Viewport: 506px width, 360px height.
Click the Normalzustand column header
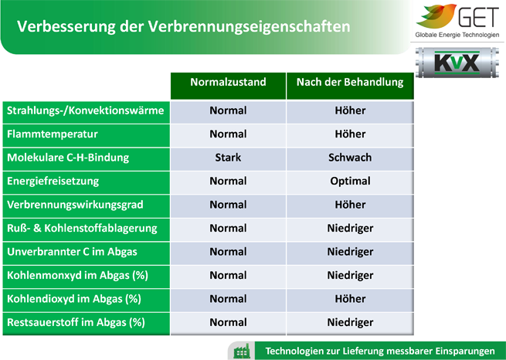pos(228,82)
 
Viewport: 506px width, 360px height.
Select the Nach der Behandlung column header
pos(350,82)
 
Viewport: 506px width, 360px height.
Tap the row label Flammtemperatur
pos(53,134)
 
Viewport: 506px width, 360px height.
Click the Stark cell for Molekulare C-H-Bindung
pos(228,158)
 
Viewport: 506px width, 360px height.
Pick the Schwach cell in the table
pos(350,158)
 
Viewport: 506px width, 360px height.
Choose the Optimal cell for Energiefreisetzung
pos(350,181)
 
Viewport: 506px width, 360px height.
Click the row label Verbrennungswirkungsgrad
pos(75,205)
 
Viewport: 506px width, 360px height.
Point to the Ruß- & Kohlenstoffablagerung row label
pos(82,228)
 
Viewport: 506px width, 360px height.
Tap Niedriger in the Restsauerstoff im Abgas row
pos(350,322)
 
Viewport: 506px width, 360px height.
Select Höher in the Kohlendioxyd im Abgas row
pos(350,299)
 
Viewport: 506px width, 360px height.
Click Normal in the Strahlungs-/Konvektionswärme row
pos(228,110)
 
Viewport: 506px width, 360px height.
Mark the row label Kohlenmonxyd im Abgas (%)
pos(77,276)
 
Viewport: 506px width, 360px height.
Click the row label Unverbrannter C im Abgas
pos(72,252)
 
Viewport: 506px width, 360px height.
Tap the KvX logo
pos(457,63)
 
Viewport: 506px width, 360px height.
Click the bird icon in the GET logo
pos(436,16)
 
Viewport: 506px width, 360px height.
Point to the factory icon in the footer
pos(242,351)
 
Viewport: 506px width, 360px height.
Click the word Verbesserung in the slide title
pos(66,26)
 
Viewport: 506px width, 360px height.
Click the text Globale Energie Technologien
pos(457,35)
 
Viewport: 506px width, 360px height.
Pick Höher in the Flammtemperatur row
pos(350,134)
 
